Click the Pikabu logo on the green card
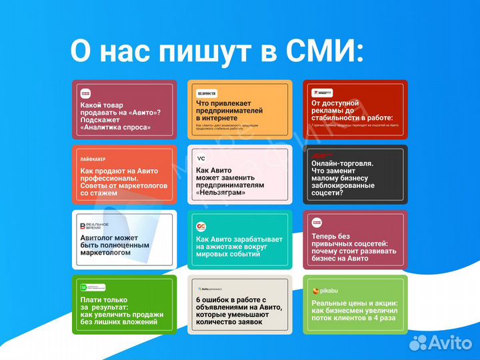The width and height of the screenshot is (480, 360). (325, 291)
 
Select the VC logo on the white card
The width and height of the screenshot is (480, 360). (201, 159)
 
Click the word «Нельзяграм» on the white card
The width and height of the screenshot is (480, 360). (221, 193)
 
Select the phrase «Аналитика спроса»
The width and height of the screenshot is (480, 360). (115, 127)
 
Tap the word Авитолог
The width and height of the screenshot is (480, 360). (96, 237)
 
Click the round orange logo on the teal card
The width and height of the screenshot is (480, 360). (201, 227)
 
